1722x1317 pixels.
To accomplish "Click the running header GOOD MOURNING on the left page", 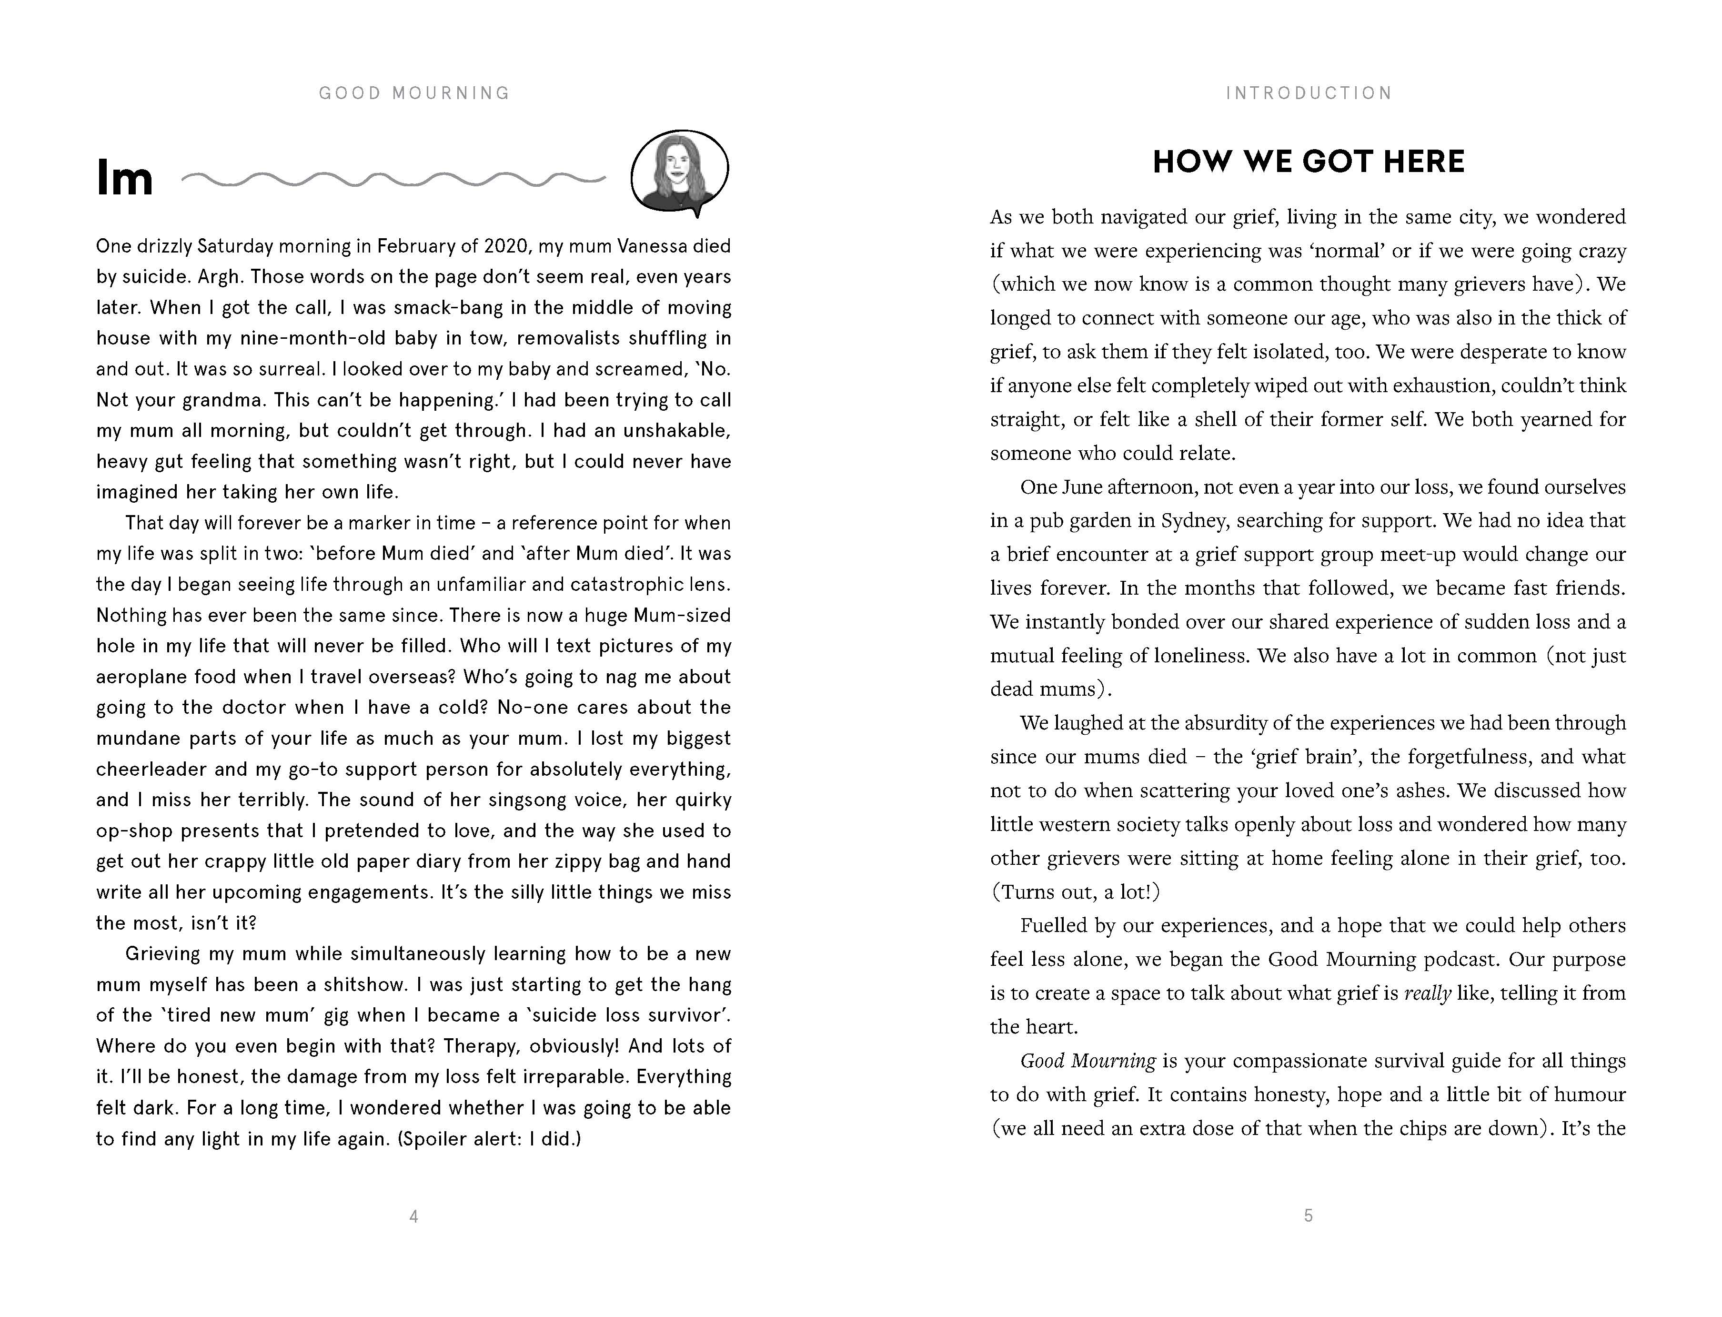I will [x=414, y=93].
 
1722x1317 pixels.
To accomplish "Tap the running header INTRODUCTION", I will [x=1308, y=93].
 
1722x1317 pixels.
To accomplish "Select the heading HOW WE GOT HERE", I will [x=1308, y=162].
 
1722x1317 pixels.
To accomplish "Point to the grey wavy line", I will [x=393, y=180].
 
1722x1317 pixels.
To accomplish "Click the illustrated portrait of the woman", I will [x=679, y=172].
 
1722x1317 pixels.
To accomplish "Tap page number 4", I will [x=414, y=1216].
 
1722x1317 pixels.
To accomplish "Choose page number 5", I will [x=1308, y=1216].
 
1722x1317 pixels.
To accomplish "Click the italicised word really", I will [x=1427, y=993].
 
